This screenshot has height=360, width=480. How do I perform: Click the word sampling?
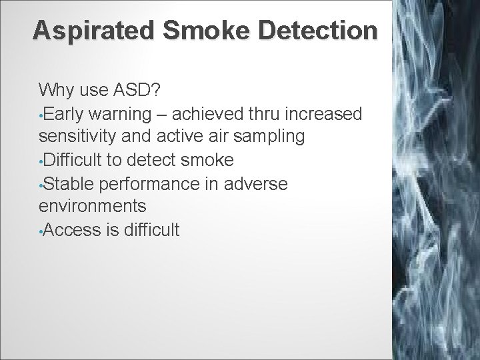click(271, 137)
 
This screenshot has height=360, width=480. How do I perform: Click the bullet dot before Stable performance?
click(41, 185)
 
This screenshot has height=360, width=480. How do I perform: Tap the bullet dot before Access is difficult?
click(41, 231)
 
